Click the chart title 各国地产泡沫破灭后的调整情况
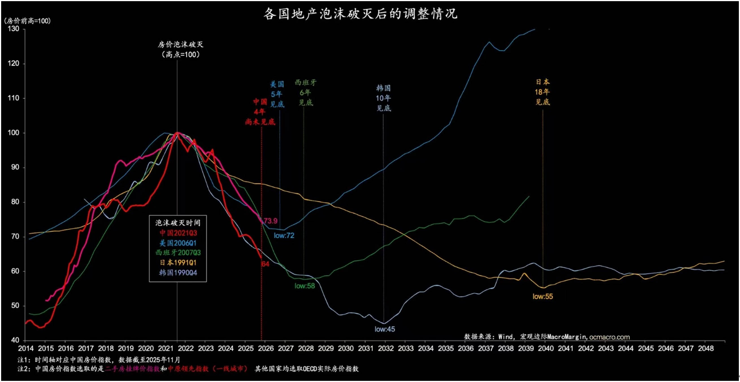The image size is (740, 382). click(361, 14)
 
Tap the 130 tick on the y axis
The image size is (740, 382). click(14, 29)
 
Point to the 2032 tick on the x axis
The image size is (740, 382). click(385, 348)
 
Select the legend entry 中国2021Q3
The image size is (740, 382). click(178, 233)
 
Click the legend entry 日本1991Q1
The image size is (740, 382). click(178, 263)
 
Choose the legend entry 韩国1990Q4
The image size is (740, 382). click(178, 273)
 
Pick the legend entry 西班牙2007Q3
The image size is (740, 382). click(178, 253)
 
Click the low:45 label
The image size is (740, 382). click(385, 329)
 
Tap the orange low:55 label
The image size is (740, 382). click(542, 296)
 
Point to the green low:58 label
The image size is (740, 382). click(305, 286)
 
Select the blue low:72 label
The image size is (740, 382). click(284, 236)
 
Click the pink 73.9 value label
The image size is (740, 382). click(270, 221)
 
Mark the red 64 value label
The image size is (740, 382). click(265, 264)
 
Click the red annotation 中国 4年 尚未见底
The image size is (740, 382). click(260, 112)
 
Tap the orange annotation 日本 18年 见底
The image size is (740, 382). click(542, 92)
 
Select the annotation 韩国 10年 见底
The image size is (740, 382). click(383, 98)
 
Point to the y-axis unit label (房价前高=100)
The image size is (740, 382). click(27, 21)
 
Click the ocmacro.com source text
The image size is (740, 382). click(609, 337)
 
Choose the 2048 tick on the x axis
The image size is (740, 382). click(706, 348)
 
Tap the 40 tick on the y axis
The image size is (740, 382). click(15, 340)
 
